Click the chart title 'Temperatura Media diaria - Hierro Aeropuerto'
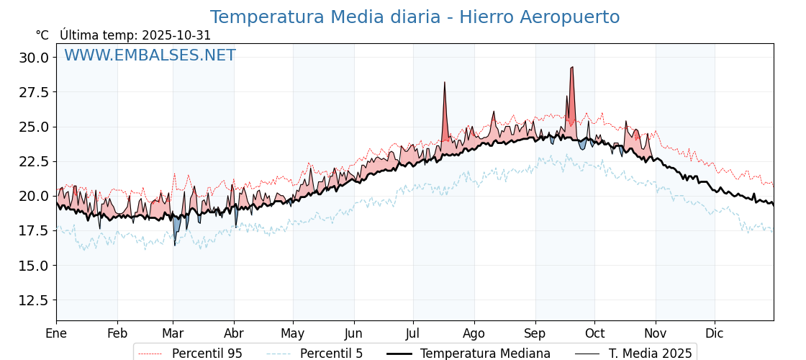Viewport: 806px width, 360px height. pyautogui.click(x=415, y=17)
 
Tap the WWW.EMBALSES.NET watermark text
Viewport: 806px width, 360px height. pyautogui.click(x=150, y=55)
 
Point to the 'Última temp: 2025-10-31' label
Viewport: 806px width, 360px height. pyautogui.click(x=135, y=35)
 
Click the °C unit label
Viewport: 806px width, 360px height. pyautogui.click(x=42, y=35)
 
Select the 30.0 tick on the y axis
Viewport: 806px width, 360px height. pyautogui.click(x=35, y=58)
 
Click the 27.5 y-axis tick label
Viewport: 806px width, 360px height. pyautogui.click(x=35, y=92)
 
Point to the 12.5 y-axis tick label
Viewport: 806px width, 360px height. pyautogui.click(x=35, y=300)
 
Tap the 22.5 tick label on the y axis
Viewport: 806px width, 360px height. pyautogui.click(x=35, y=161)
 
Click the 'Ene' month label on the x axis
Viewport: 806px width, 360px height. pyautogui.click(x=56, y=333)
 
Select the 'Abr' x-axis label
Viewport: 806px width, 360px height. pyautogui.click(x=234, y=333)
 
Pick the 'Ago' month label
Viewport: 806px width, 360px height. pyautogui.click(x=474, y=333)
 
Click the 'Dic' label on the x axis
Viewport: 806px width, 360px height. pyautogui.click(x=715, y=333)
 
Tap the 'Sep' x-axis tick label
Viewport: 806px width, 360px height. pyautogui.click(x=535, y=333)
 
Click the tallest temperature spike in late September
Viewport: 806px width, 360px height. pyautogui.click(x=571, y=68)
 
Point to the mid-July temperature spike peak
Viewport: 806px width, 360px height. pyautogui.click(x=445, y=84)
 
